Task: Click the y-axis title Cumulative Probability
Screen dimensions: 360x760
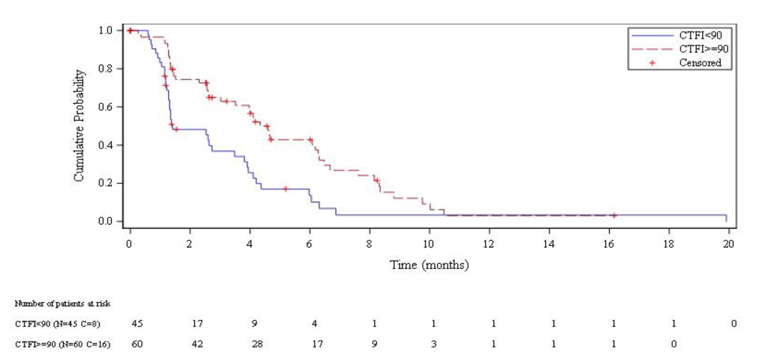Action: (79, 125)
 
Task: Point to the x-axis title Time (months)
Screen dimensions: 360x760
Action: (429, 265)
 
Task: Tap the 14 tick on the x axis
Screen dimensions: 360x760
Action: (549, 243)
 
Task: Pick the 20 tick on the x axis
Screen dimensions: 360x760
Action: (728, 243)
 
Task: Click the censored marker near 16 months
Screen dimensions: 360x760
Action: (614, 216)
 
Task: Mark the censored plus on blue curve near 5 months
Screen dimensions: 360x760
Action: (286, 189)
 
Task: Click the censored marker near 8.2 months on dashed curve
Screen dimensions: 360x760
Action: (377, 180)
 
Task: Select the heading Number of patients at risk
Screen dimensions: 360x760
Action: (62, 304)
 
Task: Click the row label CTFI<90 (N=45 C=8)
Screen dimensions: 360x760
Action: (58, 324)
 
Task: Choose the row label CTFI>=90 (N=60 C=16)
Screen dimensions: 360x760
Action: (62, 344)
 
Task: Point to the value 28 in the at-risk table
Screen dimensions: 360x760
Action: (255, 344)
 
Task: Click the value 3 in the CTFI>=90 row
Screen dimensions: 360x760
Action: (434, 344)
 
